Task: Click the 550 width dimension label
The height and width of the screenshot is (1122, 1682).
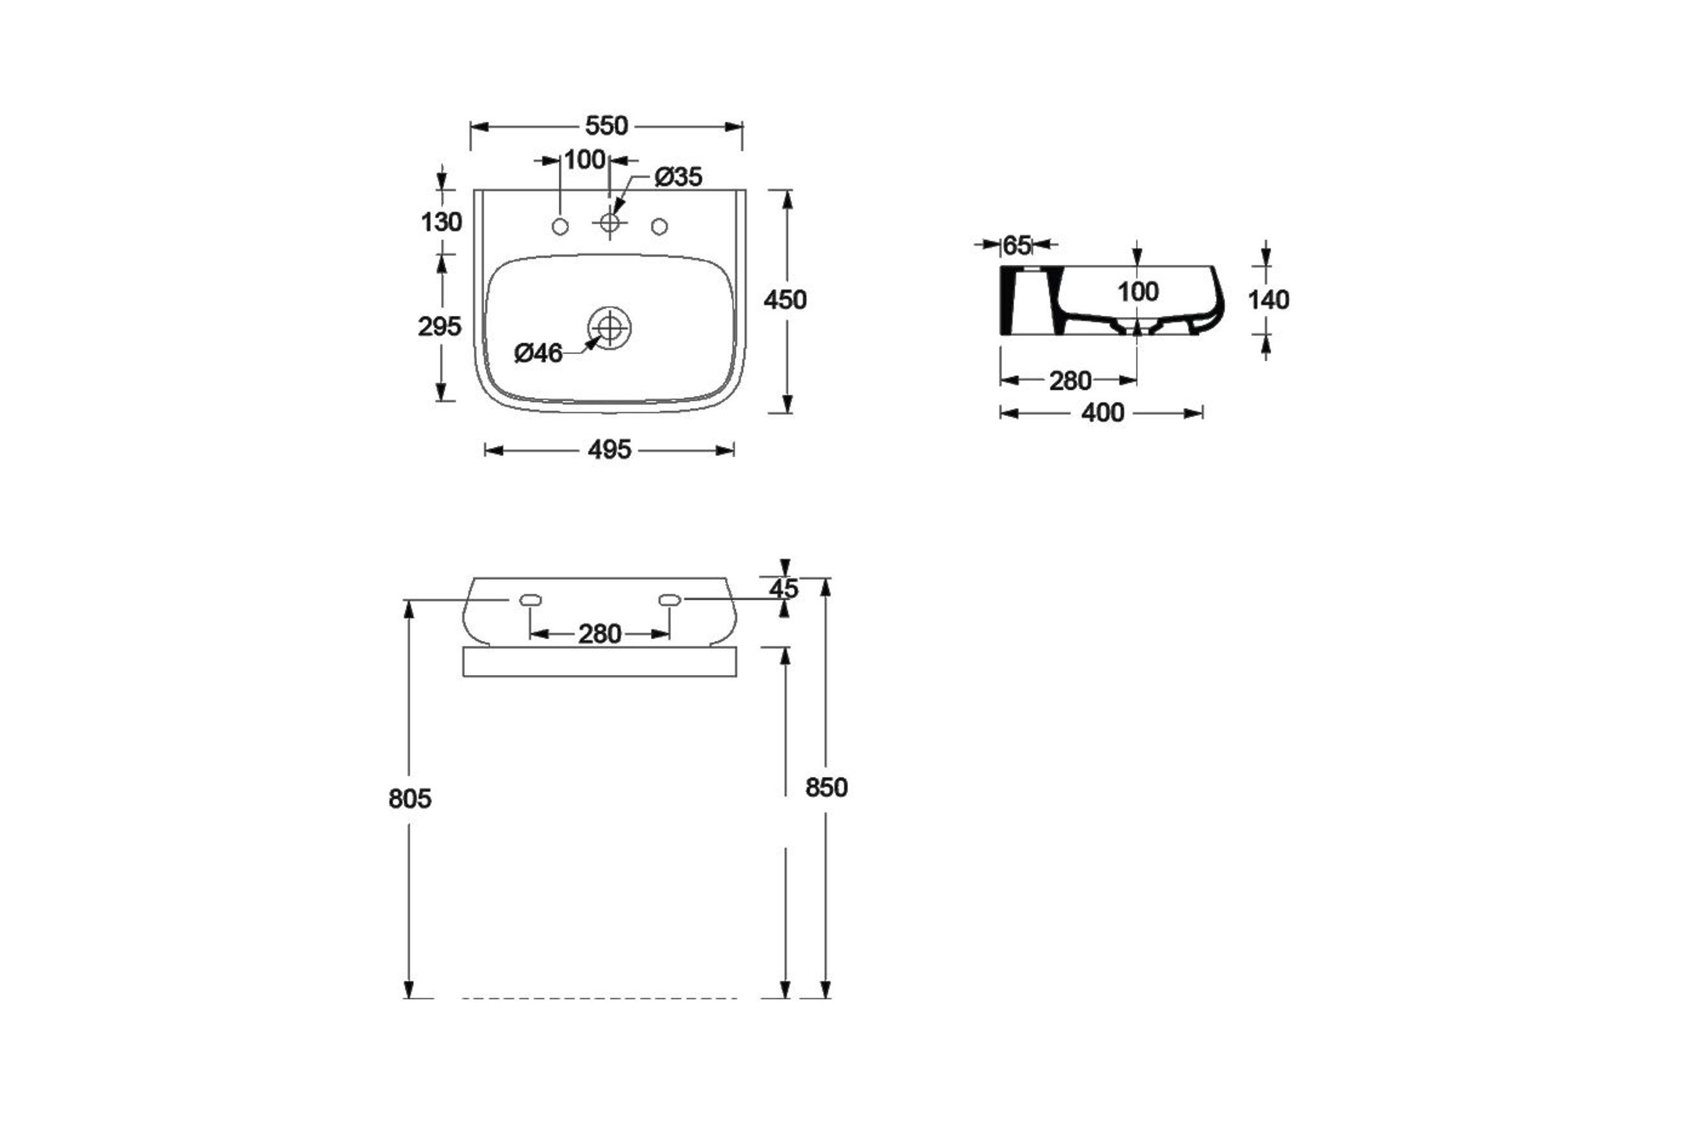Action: tap(606, 126)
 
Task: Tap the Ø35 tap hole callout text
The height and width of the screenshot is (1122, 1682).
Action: tap(679, 177)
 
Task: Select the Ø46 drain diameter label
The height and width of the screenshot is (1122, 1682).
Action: tap(539, 353)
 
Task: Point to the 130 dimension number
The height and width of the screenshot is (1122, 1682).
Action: tap(441, 222)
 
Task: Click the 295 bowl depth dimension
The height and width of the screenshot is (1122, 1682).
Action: tap(440, 327)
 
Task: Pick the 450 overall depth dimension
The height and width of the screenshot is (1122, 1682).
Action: tap(785, 300)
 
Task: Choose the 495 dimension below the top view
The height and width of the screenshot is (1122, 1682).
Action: tap(609, 450)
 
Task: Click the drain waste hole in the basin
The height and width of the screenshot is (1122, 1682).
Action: tap(609, 328)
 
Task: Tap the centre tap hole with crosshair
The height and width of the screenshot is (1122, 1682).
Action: tap(609, 223)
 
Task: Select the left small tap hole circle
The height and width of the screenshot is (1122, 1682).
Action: tap(561, 227)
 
